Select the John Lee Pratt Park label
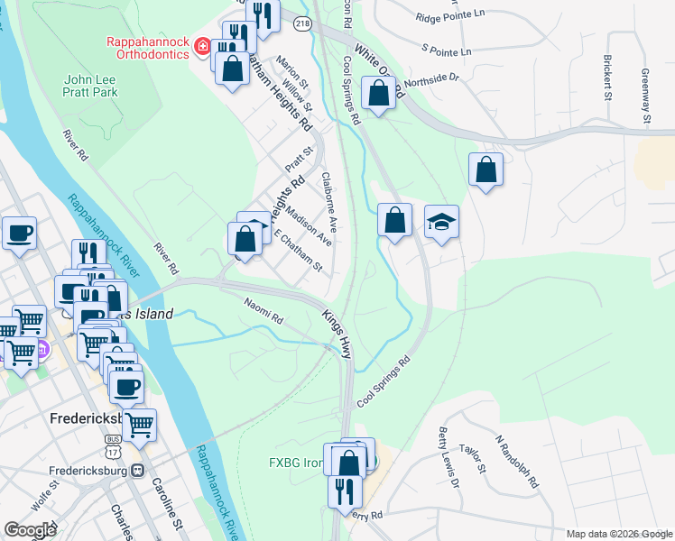coord(90,86)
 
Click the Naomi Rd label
coord(264,311)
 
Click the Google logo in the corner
coord(30,529)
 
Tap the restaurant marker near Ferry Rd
coord(344,491)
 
